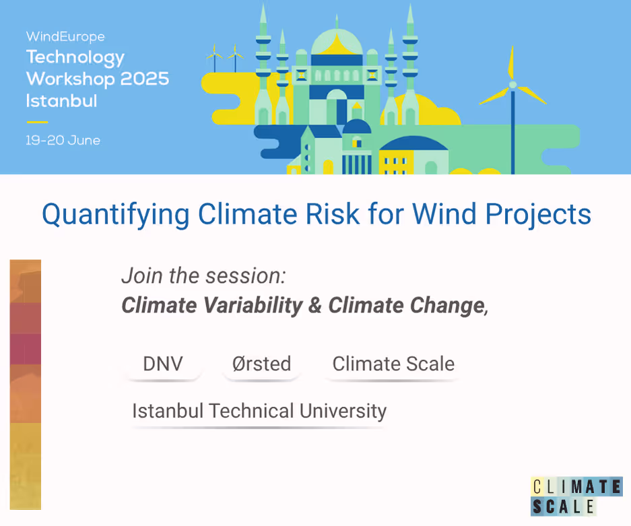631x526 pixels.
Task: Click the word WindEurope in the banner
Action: pos(65,36)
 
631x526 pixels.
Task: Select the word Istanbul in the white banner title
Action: pos(61,100)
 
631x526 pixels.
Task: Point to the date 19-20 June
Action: pos(63,141)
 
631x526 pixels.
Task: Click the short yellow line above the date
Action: pos(38,121)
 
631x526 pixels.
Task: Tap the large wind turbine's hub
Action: pos(512,84)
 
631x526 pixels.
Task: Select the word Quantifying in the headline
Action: pos(116,214)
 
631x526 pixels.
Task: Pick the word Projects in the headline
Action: pos(538,214)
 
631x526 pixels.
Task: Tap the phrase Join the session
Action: pos(203,276)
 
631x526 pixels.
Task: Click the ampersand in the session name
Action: pos(315,305)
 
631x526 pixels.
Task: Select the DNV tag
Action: pos(163,364)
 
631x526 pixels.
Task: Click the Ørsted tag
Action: pos(261,364)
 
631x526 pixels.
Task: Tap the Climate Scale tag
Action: pos(393,364)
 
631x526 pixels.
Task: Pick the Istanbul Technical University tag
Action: pos(259,412)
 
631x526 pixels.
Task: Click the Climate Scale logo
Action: pos(576,496)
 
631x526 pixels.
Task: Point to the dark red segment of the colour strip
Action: pos(26,349)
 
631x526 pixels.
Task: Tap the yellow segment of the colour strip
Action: pos(26,466)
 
